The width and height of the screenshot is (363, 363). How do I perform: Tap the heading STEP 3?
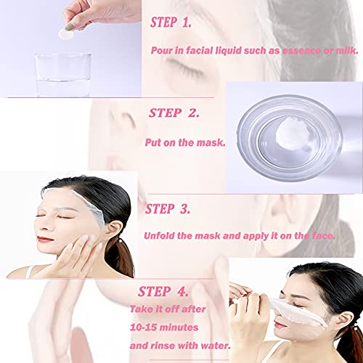[168, 209]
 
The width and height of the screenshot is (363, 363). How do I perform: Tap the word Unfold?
[164, 237]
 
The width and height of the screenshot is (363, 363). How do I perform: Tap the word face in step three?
[321, 237]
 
